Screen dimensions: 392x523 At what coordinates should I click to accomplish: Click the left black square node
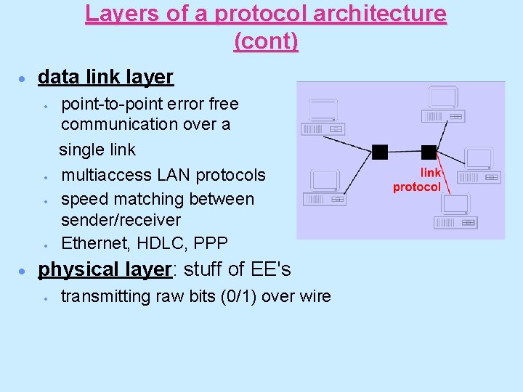(x=380, y=152)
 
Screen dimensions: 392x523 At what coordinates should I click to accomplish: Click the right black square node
(x=429, y=152)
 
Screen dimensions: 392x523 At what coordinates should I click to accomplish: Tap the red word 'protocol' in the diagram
(x=416, y=187)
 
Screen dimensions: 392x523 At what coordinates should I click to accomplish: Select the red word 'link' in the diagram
(x=430, y=173)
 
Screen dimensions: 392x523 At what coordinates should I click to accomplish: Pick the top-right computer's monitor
(x=442, y=97)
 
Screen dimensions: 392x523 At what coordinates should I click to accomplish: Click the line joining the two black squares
(x=404, y=152)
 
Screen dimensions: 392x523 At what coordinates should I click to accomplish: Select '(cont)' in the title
(x=266, y=41)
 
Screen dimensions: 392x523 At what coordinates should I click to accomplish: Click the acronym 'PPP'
(x=211, y=242)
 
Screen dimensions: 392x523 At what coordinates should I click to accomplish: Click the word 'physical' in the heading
(x=71, y=269)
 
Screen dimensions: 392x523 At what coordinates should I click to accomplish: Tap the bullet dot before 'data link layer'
(x=23, y=78)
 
